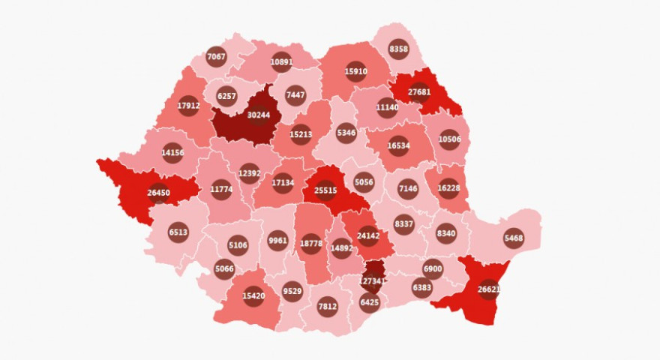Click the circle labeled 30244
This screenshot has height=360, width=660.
[x=258, y=115]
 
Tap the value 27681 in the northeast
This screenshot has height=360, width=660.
[x=419, y=92]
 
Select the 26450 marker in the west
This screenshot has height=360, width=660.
[x=158, y=193]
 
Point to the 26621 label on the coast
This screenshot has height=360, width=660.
[x=488, y=289]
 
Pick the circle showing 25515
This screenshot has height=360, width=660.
[x=325, y=190]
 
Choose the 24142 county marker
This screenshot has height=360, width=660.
[x=367, y=235]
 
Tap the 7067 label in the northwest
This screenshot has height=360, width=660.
[x=216, y=56]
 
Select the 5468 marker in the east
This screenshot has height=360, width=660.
[x=514, y=238]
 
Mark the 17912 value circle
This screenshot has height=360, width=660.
[x=189, y=106]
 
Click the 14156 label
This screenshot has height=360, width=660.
[x=172, y=152]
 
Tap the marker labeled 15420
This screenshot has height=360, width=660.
[x=253, y=296]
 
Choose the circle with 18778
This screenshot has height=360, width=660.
[x=310, y=244]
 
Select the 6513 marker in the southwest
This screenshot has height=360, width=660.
[x=178, y=232]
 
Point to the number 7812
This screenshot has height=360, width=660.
[x=327, y=306]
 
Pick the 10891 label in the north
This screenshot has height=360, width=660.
[x=282, y=62]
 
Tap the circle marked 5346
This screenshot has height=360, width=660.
[x=346, y=133]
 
